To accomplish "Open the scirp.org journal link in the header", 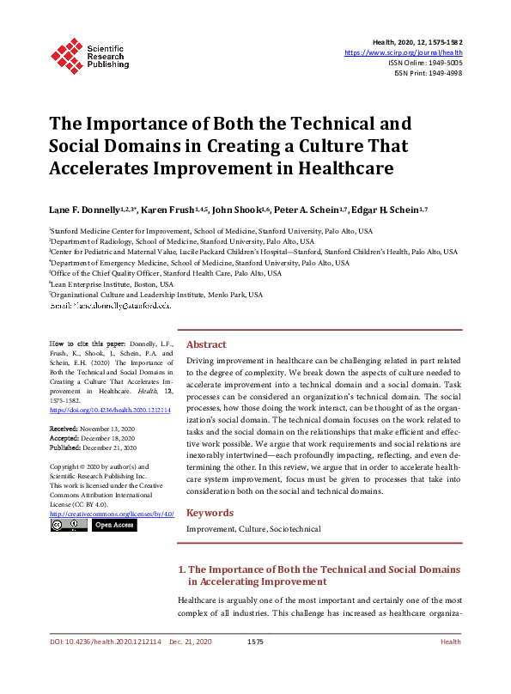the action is click(403, 52).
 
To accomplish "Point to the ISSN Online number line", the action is click(428, 63).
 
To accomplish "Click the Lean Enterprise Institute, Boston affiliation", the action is click(112, 283).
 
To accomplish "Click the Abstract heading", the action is click(206, 344).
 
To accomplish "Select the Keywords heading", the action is click(210, 513).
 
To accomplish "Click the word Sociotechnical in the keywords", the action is click(295, 530).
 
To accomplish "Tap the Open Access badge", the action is click(113, 525).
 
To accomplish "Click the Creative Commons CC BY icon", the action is click(69, 525).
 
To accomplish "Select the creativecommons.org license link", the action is click(112, 514).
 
